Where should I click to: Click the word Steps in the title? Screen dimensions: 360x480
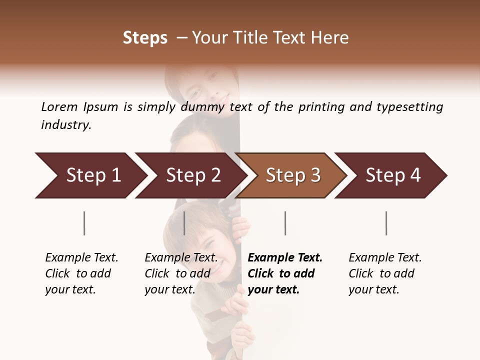[x=145, y=38]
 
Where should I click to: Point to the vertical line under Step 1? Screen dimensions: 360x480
[x=84, y=223]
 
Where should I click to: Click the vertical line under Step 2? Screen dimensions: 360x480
[x=184, y=223]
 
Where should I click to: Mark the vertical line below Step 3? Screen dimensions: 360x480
[x=285, y=223]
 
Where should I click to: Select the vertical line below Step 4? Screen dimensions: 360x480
[x=386, y=223]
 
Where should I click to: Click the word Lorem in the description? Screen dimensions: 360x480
[x=59, y=107]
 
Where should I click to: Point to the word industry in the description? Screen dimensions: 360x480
[x=66, y=125]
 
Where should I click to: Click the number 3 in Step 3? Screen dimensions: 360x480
[x=315, y=175]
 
